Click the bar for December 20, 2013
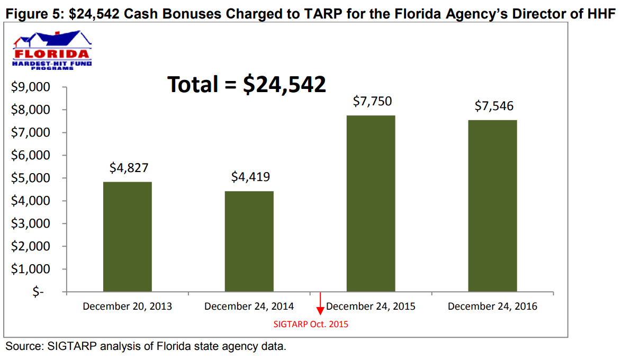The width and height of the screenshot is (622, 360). [127, 237]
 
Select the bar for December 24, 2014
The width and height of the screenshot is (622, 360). [249, 241]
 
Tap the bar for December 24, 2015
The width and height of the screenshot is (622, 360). [371, 203]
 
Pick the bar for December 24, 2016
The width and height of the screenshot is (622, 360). [492, 206]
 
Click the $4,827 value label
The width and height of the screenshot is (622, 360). [129, 168]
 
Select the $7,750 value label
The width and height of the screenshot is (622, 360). [372, 101]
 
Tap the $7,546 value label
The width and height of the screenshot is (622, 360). [494, 106]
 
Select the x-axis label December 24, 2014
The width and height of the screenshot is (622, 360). [249, 307]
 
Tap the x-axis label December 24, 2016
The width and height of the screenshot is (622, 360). [492, 307]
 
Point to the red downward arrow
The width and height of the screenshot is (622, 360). [320, 308]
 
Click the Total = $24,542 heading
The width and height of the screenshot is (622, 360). [247, 84]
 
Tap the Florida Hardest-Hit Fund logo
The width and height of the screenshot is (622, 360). [51, 52]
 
